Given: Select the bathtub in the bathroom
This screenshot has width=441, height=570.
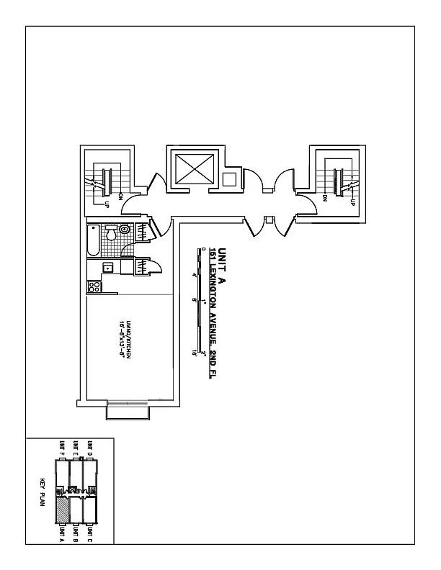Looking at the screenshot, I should (92, 240).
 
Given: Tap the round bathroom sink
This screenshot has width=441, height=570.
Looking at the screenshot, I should (125, 230).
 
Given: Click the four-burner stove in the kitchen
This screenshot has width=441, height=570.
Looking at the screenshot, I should (94, 286).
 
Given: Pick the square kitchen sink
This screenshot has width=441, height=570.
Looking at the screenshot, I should (107, 268).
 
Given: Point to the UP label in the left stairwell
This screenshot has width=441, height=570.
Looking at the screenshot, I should (107, 204).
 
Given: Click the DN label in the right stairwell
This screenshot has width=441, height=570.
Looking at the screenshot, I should (326, 198).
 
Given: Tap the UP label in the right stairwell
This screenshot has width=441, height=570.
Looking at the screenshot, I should (352, 202).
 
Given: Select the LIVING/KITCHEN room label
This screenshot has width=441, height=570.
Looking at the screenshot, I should (128, 332).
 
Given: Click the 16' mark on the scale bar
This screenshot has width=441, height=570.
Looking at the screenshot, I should (195, 353).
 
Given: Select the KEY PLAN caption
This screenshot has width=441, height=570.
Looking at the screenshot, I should (43, 492).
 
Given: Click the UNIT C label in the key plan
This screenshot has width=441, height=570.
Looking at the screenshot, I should (89, 535).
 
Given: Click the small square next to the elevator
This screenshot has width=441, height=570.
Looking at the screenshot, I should (230, 178).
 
